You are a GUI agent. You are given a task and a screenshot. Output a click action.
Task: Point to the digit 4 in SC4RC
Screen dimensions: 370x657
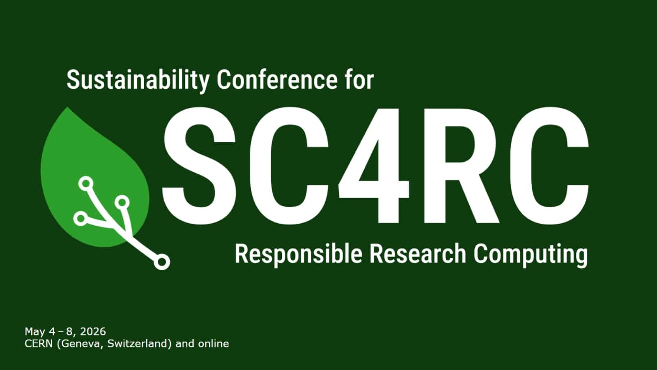point(374,164)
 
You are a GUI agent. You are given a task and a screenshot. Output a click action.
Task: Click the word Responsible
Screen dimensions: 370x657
point(299,254)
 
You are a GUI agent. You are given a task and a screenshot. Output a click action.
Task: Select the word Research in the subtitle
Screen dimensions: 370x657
point(418,254)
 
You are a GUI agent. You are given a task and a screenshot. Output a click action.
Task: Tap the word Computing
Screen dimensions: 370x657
point(530,254)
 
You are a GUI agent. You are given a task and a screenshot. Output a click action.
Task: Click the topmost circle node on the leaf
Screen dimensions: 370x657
point(86,183)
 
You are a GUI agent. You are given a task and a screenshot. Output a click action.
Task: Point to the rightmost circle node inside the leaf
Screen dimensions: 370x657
point(122,202)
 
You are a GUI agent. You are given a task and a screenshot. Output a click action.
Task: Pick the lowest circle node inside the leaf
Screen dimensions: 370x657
point(81,218)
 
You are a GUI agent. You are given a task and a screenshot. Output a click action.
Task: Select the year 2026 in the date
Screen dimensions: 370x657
point(93,331)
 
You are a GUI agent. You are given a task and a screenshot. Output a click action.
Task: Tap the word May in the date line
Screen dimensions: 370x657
point(34,331)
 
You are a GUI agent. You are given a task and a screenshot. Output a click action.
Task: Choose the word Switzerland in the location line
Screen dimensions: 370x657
point(139,343)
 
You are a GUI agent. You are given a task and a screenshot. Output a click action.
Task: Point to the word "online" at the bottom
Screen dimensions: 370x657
point(214,343)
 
